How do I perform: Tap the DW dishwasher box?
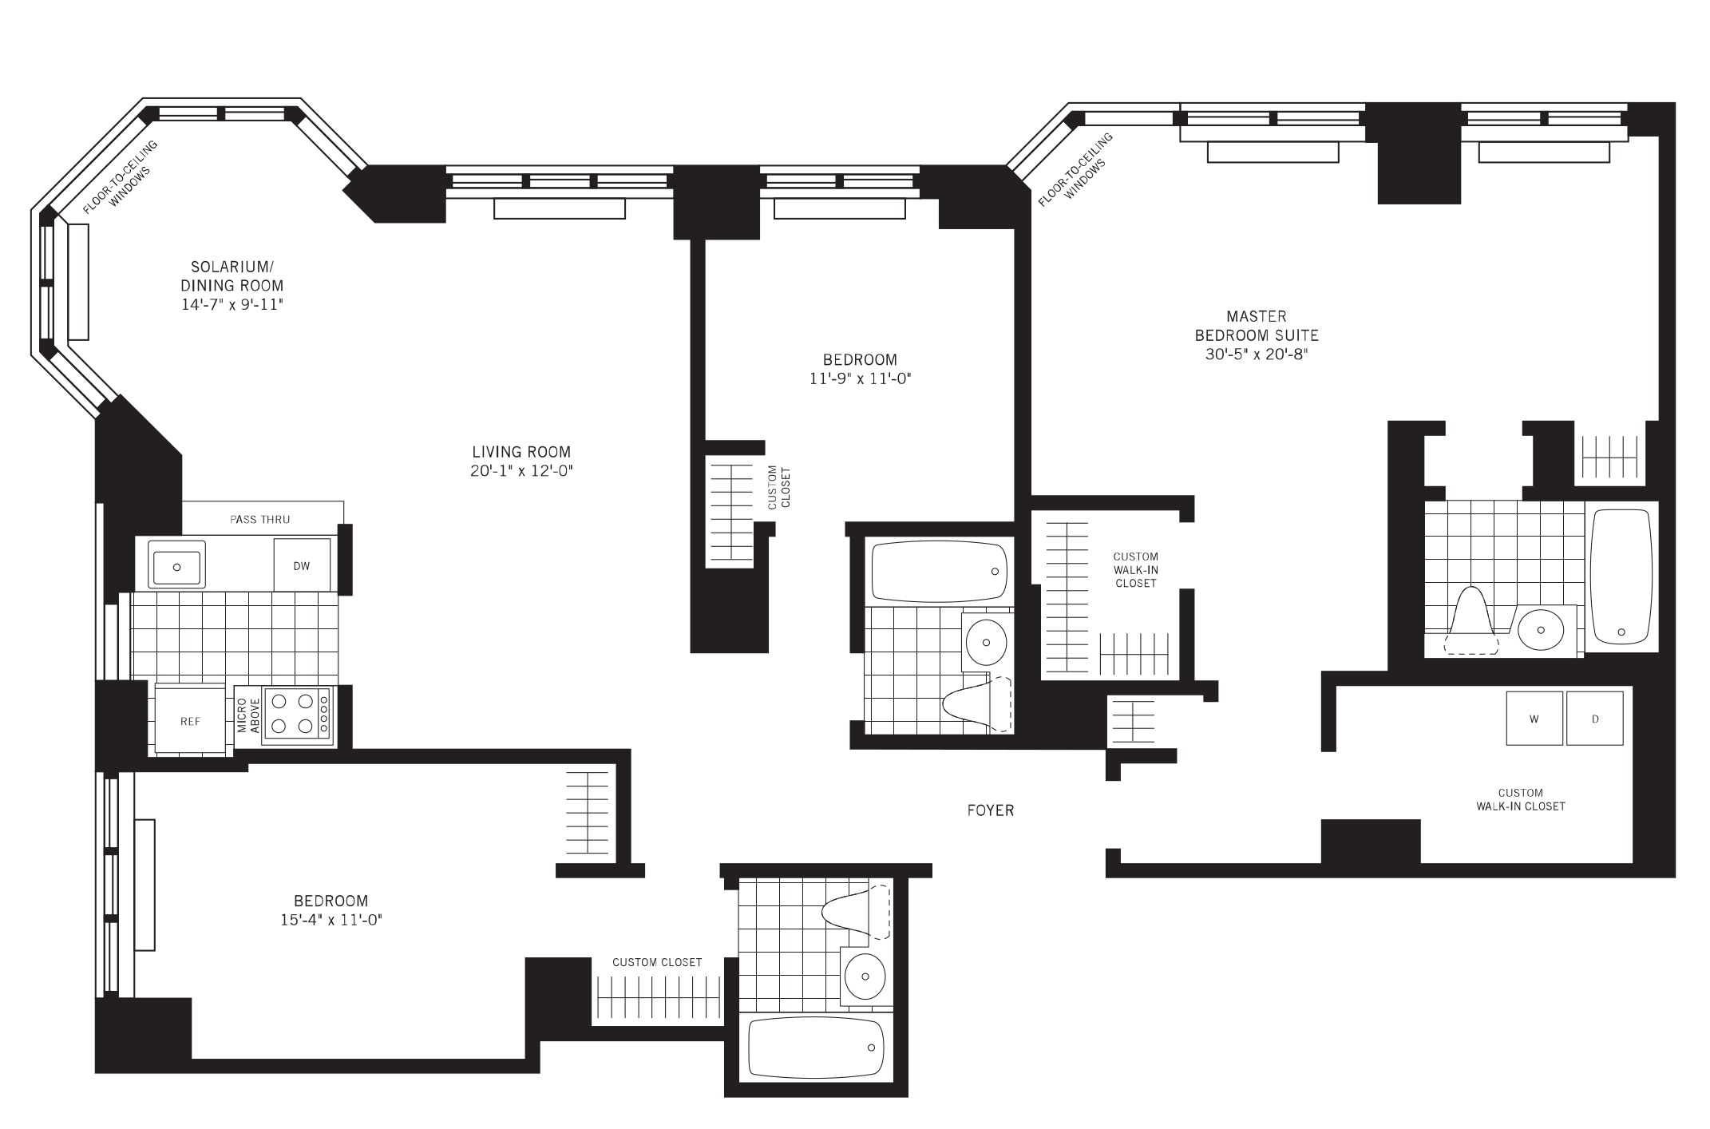[x=302, y=565]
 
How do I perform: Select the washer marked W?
[x=1534, y=719]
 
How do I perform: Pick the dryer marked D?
[x=1595, y=719]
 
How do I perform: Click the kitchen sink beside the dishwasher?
[x=176, y=566]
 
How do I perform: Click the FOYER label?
[x=991, y=810]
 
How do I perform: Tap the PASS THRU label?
[x=260, y=520]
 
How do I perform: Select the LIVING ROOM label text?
[x=521, y=452]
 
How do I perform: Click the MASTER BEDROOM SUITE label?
[x=1257, y=326]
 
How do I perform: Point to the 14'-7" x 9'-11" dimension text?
[x=232, y=305]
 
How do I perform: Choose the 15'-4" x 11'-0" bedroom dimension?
[x=330, y=920]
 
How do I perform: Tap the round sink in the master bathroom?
[x=1541, y=630]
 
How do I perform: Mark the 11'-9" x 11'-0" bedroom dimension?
[x=860, y=379]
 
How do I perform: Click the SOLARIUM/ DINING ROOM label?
[x=232, y=275]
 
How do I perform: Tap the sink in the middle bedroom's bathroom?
[x=987, y=642]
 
